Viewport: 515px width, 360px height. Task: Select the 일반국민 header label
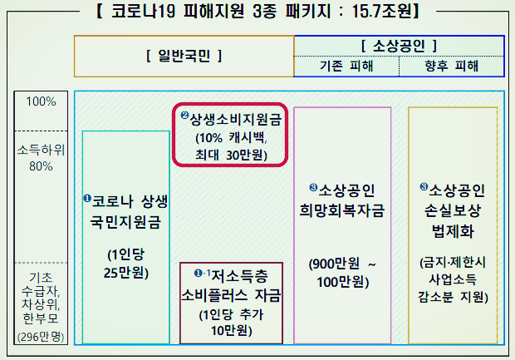click(x=184, y=57)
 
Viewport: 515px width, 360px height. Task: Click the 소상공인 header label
click(x=399, y=45)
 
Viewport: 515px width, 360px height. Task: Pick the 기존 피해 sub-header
click(x=347, y=66)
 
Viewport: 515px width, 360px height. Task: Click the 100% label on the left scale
click(x=41, y=101)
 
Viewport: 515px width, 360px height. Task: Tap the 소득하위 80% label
click(x=41, y=158)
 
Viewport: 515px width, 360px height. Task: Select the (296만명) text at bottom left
click(x=41, y=337)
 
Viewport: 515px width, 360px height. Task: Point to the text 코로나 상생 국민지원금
click(x=126, y=212)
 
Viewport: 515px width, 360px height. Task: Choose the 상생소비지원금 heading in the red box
click(x=231, y=119)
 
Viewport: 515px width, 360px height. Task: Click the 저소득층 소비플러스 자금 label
click(x=232, y=284)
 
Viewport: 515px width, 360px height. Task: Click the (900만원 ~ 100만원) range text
click(x=342, y=272)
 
